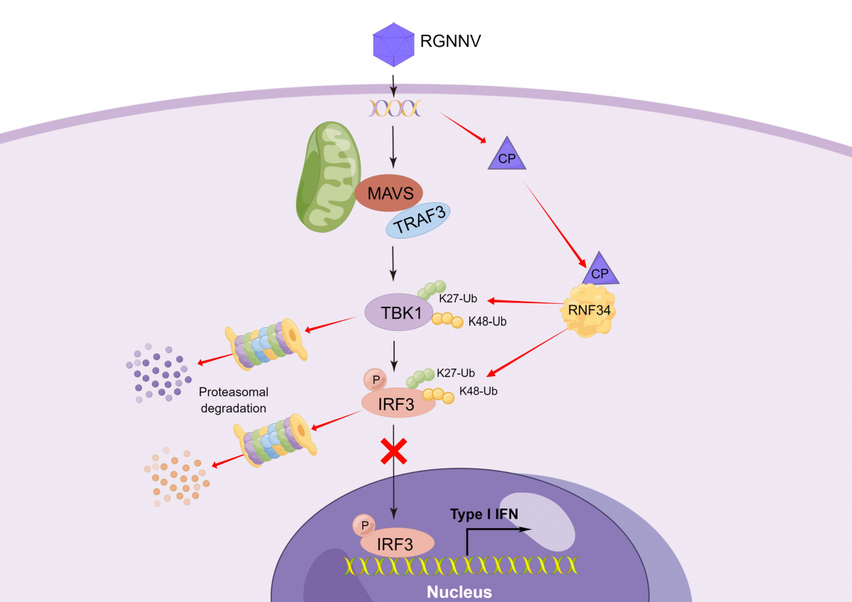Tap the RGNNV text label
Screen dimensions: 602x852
click(451, 41)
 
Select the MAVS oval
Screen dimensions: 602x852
click(388, 192)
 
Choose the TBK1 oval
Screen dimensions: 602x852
click(400, 312)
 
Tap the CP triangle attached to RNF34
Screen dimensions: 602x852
click(601, 270)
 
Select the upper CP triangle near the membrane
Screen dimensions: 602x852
click(507, 155)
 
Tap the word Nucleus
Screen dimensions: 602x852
click(459, 591)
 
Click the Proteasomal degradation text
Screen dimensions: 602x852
click(233, 400)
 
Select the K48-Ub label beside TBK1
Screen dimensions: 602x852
click(487, 322)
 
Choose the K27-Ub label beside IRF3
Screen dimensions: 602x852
click(456, 372)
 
